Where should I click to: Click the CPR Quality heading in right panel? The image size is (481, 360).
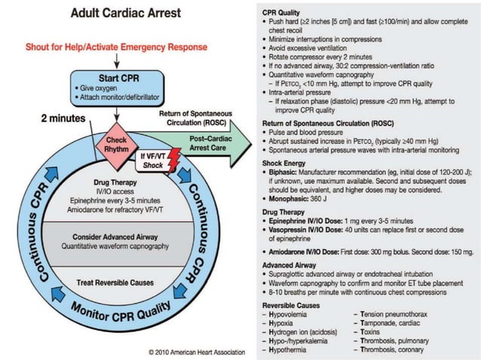pos(283,12)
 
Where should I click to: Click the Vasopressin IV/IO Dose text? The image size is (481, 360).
pos(308,230)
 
